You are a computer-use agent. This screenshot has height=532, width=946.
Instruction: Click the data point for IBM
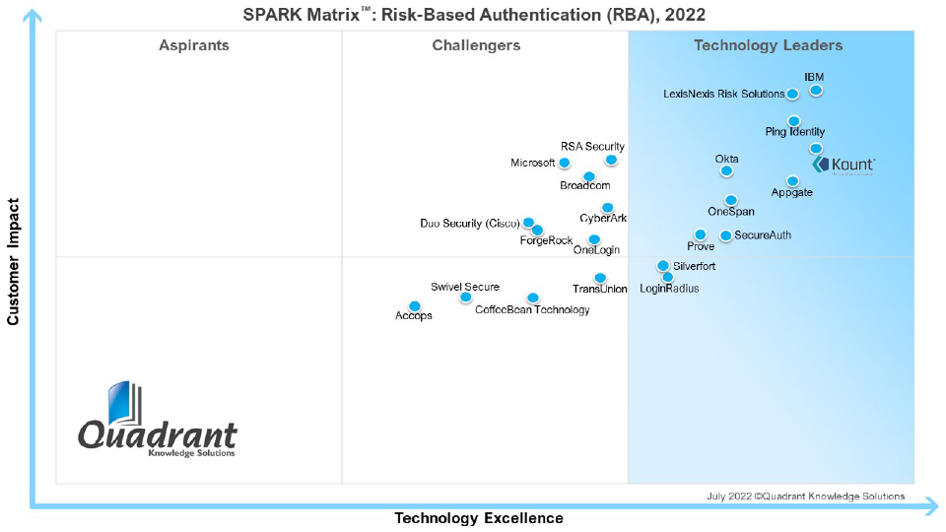pos(816,91)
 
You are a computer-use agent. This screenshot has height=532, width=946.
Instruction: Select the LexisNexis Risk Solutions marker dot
pos(792,95)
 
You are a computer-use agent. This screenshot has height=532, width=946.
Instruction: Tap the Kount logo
pos(845,165)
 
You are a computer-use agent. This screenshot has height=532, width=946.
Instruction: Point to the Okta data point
pos(726,170)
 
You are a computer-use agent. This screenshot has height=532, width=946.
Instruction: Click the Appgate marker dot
pos(792,181)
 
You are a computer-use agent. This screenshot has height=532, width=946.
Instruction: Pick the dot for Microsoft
pos(565,163)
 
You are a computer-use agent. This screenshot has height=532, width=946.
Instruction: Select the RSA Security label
pos(592,147)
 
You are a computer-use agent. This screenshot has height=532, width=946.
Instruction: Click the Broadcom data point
pos(588,177)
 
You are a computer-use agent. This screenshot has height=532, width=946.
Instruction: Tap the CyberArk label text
pos(603,219)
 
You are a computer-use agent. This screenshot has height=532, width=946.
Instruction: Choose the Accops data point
pos(415,306)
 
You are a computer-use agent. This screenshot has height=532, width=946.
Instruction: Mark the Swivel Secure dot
pos(465,298)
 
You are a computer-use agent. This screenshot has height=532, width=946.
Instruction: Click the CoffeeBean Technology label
pos(532,310)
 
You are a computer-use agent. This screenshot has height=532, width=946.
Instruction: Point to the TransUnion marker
pos(600,278)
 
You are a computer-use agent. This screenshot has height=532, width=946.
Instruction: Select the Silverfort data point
pos(663,266)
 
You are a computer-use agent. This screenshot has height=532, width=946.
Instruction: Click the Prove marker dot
pos(700,235)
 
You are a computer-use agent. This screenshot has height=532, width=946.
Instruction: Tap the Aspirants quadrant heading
pos(194,45)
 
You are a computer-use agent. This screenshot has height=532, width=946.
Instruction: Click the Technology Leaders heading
pos(768,45)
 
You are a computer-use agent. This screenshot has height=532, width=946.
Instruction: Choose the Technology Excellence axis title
pos(479,518)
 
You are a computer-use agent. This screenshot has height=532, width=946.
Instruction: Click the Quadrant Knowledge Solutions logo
pos(158,424)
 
